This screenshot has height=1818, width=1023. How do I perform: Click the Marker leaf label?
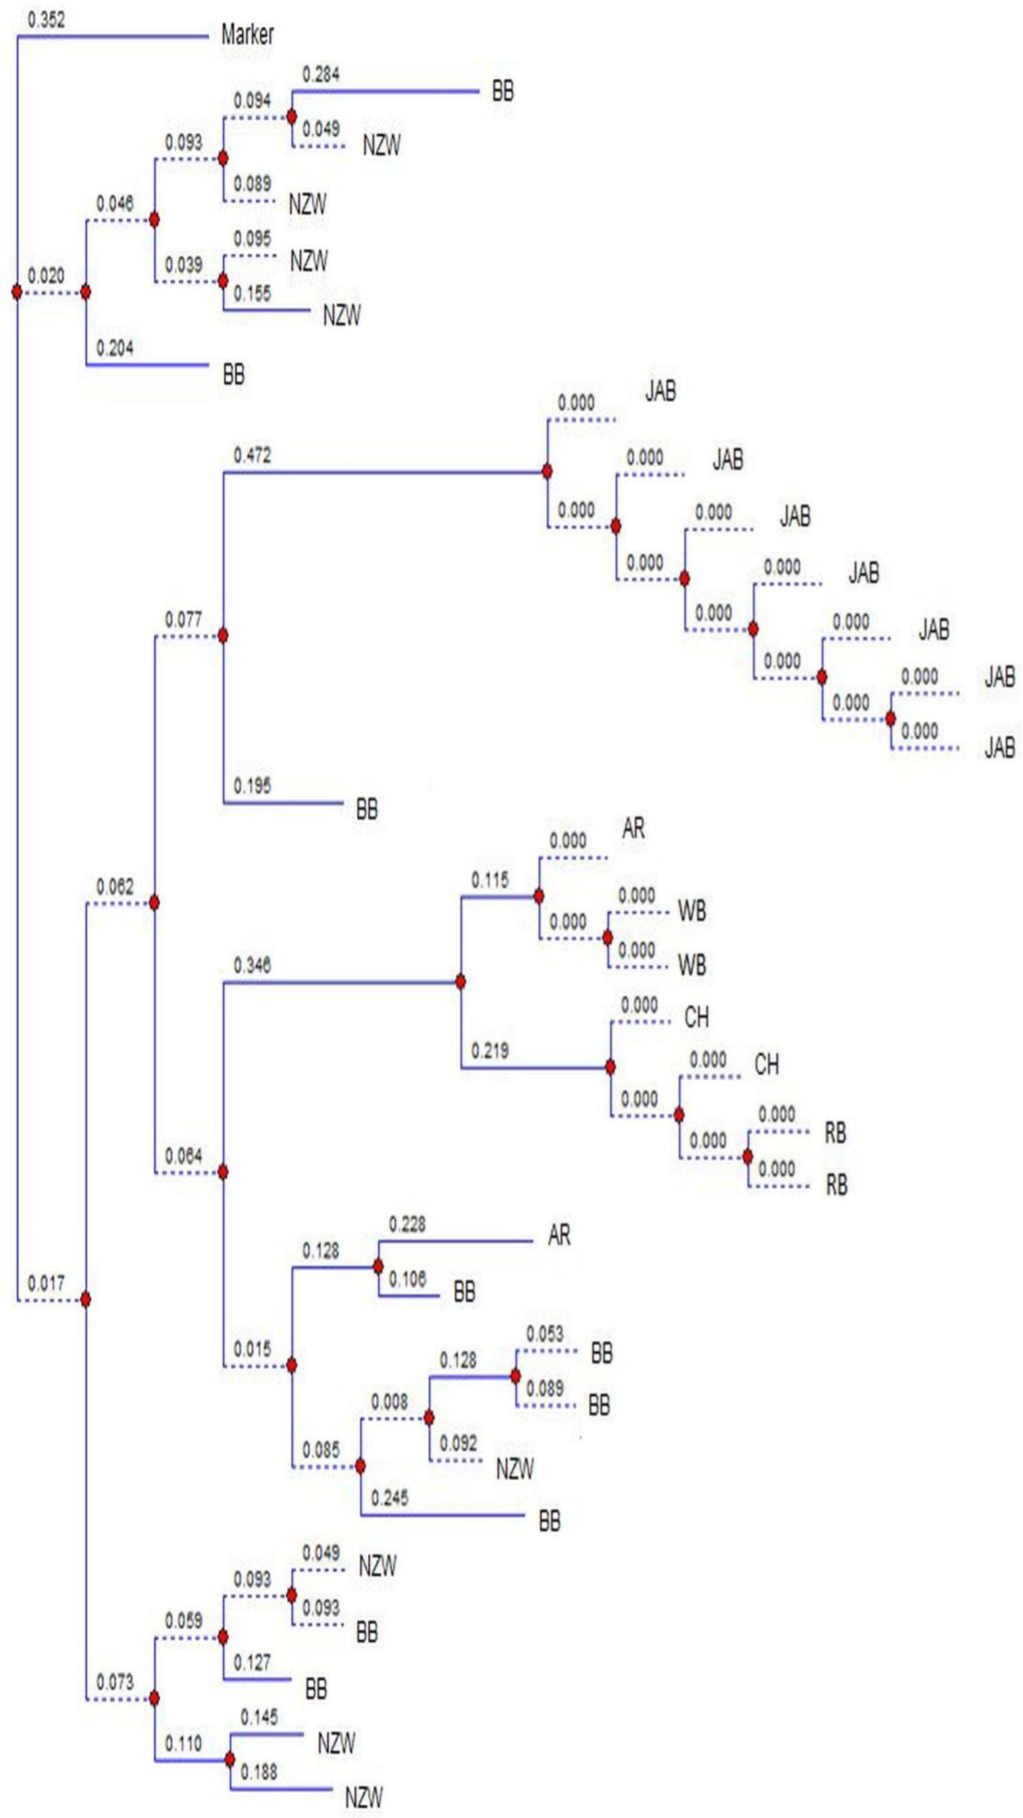(247, 34)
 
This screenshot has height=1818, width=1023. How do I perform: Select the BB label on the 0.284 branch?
(502, 91)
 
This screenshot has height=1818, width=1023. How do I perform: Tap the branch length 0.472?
(252, 455)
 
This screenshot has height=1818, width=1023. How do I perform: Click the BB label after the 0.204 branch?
(234, 374)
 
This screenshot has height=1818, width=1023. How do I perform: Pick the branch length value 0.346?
(252, 965)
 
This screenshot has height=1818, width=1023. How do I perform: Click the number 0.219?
(490, 1051)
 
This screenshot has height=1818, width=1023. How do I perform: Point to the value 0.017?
(46, 1283)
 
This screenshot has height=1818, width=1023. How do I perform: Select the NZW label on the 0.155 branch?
(342, 315)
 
